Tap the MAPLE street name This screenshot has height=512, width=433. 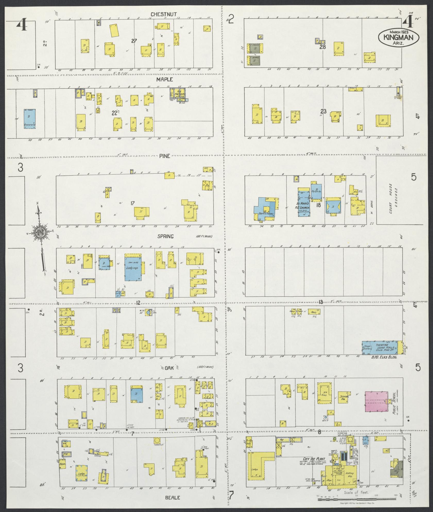tap(165, 80)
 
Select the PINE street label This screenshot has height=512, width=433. tap(165, 156)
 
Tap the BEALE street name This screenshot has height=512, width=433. tap(173, 498)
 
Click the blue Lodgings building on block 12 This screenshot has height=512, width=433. tap(133, 267)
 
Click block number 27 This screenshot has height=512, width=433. tap(134, 41)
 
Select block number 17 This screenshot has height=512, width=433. tap(132, 203)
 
